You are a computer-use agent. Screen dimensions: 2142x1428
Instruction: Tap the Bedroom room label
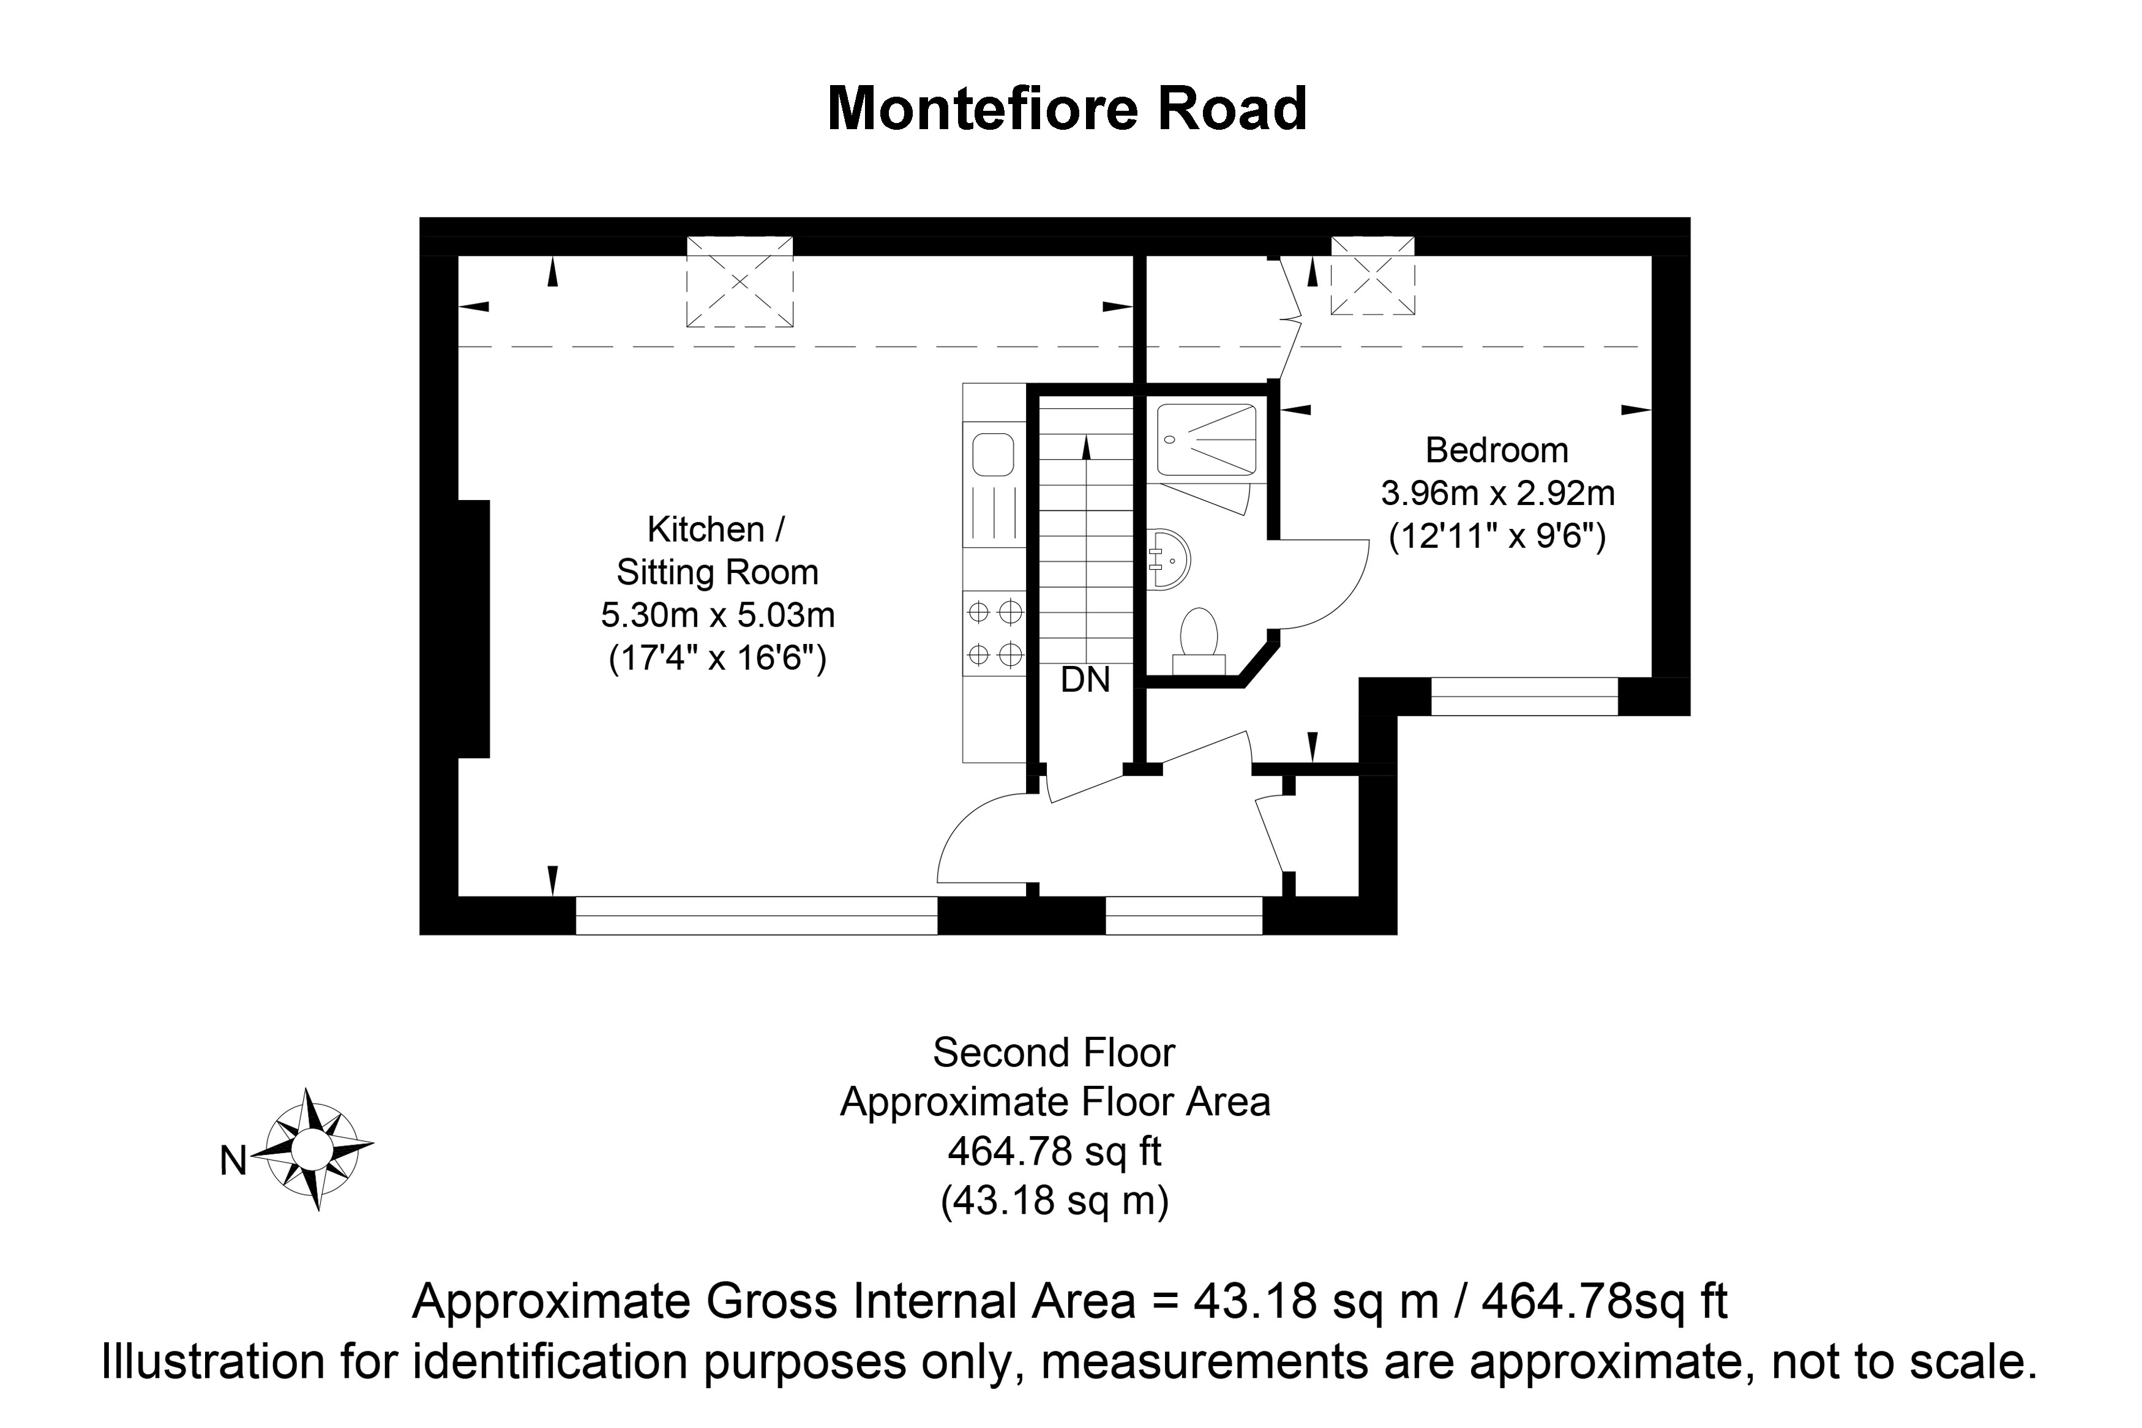point(1496,450)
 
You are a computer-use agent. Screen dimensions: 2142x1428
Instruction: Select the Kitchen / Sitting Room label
point(717,550)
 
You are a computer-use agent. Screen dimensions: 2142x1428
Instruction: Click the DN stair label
point(1085,679)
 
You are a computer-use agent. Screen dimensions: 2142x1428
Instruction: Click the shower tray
point(1207,441)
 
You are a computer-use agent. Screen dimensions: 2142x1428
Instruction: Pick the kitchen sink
point(993,454)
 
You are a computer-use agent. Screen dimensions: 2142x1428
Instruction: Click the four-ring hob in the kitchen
point(995,633)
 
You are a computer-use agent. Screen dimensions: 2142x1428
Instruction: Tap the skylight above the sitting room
point(740,282)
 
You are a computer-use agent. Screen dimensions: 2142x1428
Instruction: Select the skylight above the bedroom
point(1372,276)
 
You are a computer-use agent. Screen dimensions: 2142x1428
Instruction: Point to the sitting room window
point(756,915)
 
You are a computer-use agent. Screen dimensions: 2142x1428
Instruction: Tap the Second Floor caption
point(1054,1053)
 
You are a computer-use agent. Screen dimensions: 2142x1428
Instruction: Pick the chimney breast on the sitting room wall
point(474,629)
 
